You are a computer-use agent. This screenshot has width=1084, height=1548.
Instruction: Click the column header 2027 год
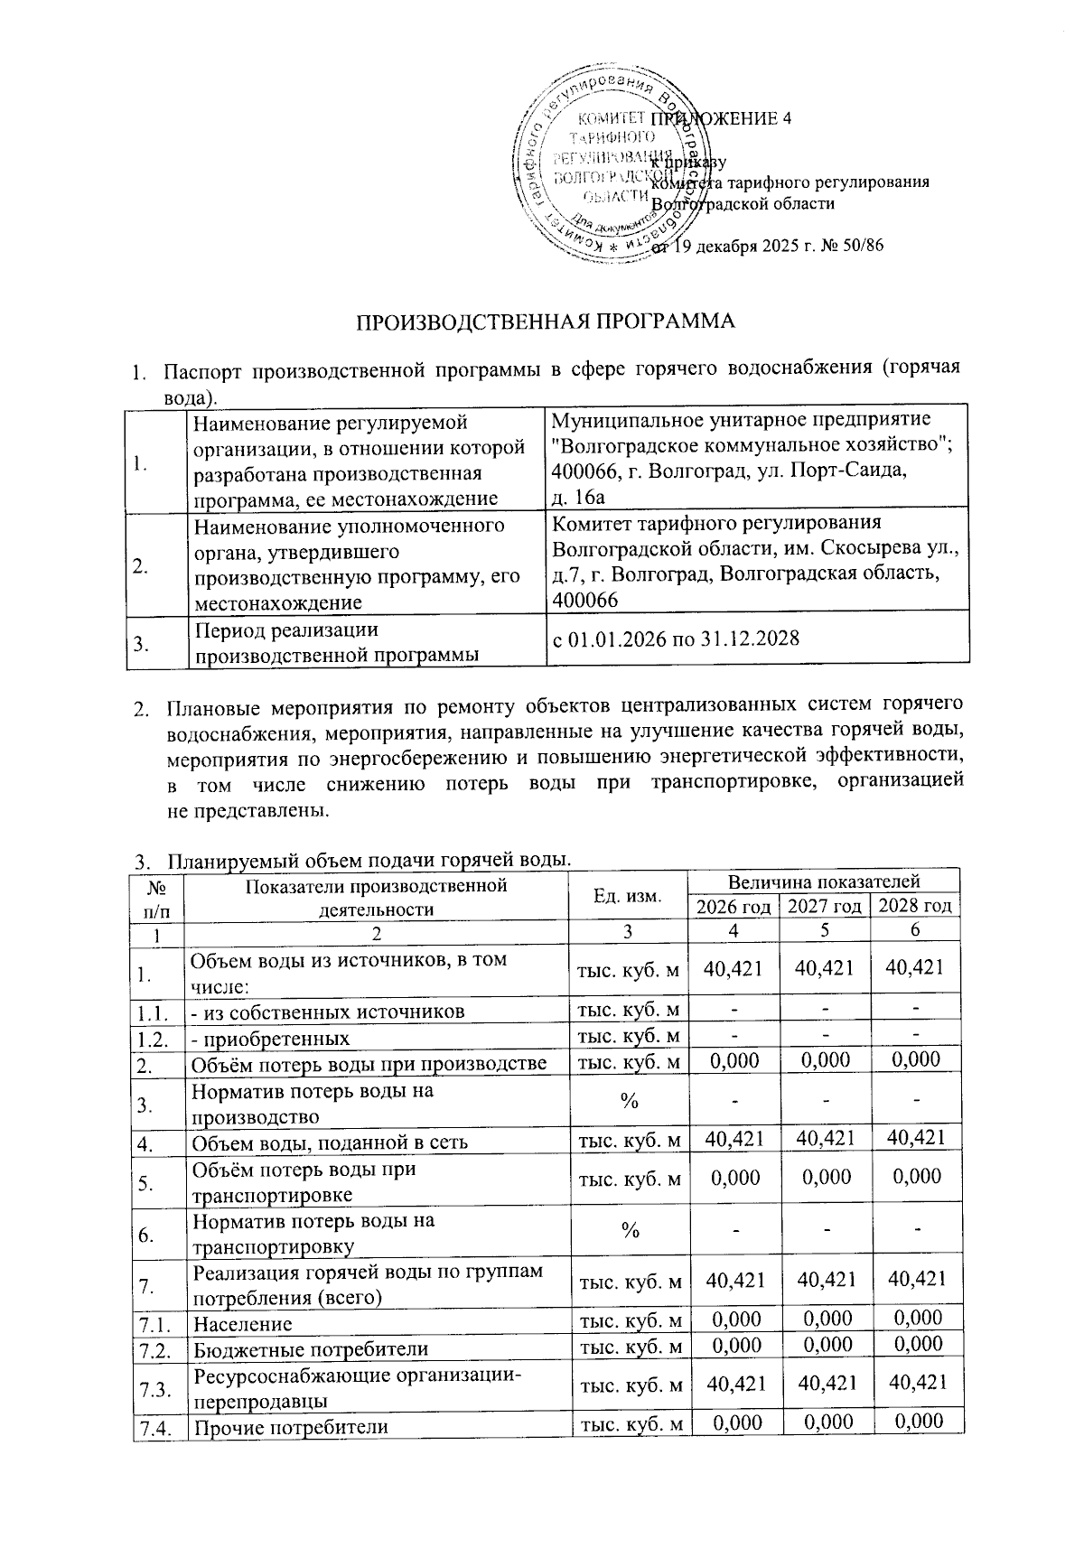point(824,906)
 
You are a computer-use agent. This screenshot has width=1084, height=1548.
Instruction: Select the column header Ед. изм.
point(627,896)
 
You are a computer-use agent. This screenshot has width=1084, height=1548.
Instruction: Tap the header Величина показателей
point(823,881)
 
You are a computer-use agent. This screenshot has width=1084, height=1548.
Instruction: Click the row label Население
point(242,1324)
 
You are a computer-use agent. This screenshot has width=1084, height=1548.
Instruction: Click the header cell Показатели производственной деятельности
point(376,897)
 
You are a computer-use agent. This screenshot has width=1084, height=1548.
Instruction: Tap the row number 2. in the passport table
point(141,567)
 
